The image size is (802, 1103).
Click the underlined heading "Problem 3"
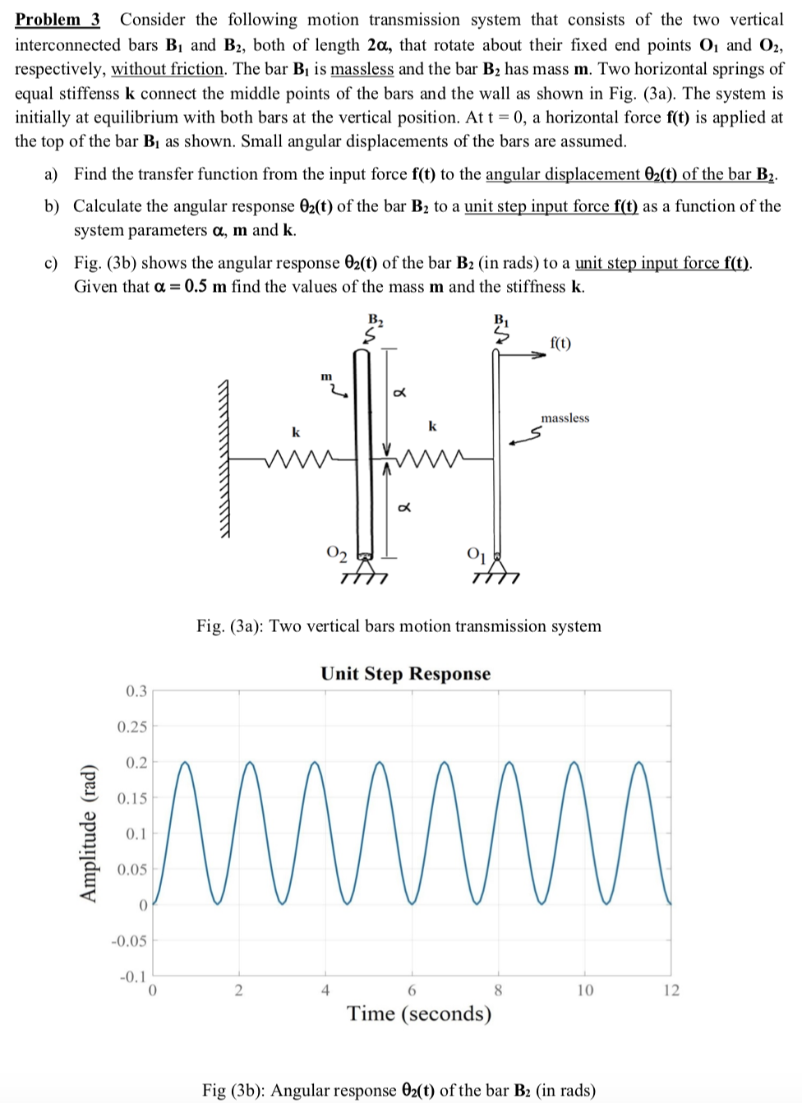pos(58,20)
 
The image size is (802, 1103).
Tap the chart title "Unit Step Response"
pos(405,674)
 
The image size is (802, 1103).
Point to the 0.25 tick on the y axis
pos(132,727)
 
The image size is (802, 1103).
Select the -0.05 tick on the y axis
pos(130,940)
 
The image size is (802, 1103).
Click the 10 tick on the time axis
pos(584,990)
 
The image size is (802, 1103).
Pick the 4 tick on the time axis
pos(325,990)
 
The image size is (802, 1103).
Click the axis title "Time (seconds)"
pos(419,1013)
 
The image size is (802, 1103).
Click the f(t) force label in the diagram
pos(560,343)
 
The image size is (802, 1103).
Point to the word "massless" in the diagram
pos(565,418)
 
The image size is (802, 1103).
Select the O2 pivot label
pos(337,552)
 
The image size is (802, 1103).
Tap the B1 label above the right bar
pos(501,320)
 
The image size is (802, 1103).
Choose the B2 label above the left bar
pos(376,320)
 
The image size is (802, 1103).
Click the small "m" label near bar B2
pos(326,376)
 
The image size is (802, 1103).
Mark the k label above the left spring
pos(297,432)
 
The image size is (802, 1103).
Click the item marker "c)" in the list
pos(51,263)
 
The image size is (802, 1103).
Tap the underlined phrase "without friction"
pos(168,69)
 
